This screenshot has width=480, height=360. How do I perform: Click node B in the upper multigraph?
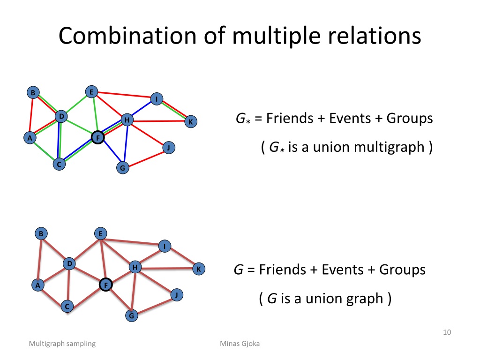[33, 92]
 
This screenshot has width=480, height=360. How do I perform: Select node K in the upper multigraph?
[191, 121]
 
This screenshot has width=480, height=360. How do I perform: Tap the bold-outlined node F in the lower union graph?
[106, 285]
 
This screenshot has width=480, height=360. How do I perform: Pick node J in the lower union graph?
[177, 295]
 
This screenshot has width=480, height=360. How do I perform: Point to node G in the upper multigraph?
[123, 168]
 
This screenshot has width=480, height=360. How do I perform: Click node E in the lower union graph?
[100, 234]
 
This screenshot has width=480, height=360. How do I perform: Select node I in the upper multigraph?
[157, 99]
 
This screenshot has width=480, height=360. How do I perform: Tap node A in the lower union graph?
[37, 285]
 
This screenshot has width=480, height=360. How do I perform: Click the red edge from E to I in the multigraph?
[124, 95]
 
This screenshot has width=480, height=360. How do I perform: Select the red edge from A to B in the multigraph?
[31, 115]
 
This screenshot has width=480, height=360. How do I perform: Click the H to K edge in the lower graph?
[167, 269]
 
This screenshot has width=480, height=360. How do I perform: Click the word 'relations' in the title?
[375, 36]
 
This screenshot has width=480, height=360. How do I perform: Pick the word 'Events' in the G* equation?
[350, 118]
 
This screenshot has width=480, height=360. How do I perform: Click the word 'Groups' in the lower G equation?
[402, 270]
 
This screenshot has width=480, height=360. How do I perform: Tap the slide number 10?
[447, 332]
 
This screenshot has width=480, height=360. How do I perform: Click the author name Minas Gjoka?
[240, 344]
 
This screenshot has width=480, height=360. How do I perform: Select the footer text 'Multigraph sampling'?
[62, 344]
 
